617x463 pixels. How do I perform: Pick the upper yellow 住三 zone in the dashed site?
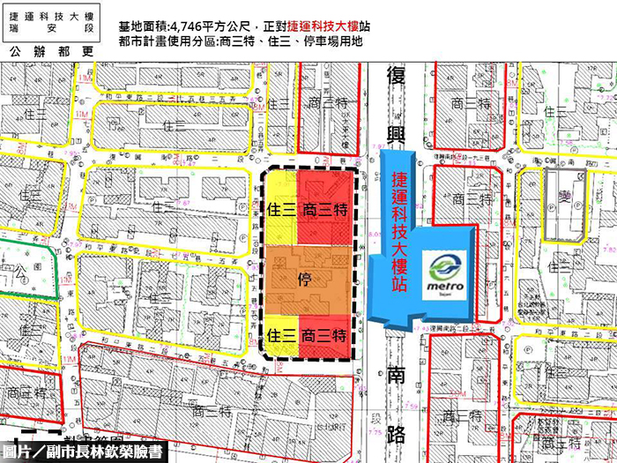point(280,209)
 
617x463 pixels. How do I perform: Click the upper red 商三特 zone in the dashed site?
point(325,209)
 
